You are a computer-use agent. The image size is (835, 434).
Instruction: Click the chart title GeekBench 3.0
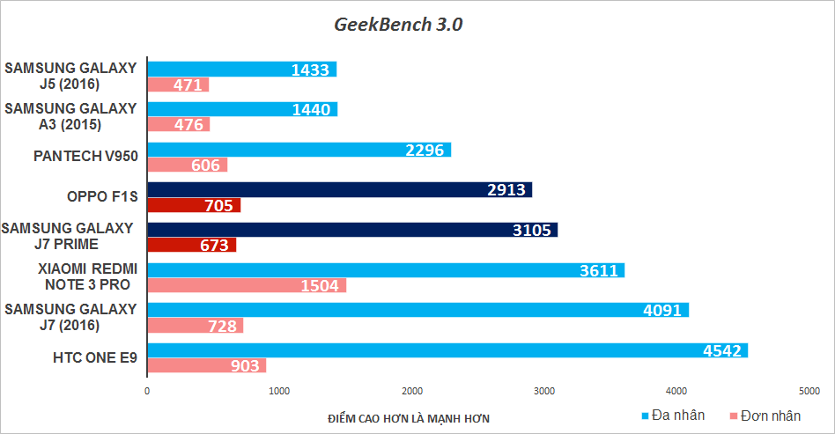click(x=398, y=25)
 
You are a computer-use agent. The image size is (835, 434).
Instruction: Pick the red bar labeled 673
click(x=191, y=245)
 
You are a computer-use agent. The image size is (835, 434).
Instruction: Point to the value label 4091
click(x=661, y=310)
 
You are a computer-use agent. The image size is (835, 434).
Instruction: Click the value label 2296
click(x=425, y=150)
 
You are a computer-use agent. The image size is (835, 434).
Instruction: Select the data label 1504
click(x=321, y=285)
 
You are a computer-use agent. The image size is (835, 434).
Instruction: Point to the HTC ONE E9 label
click(x=95, y=357)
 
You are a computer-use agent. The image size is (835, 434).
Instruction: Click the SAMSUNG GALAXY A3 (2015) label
click(x=71, y=116)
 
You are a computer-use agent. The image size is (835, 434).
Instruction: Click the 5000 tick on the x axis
click(x=809, y=390)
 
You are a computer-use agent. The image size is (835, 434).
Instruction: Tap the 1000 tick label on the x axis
click(x=279, y=390)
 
